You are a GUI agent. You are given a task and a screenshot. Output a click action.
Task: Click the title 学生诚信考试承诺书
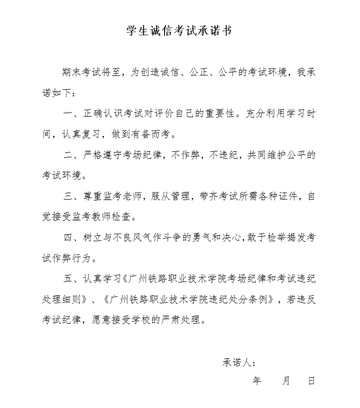[x=179, y=31]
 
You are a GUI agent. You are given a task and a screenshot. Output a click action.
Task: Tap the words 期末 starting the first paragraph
[x=69, y=71]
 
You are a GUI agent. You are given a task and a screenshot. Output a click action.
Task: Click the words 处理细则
[x=60, y=299]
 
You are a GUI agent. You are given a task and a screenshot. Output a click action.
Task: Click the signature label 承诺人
[x=236, y=362]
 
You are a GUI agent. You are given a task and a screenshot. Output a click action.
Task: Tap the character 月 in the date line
[x=286, y=381]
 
